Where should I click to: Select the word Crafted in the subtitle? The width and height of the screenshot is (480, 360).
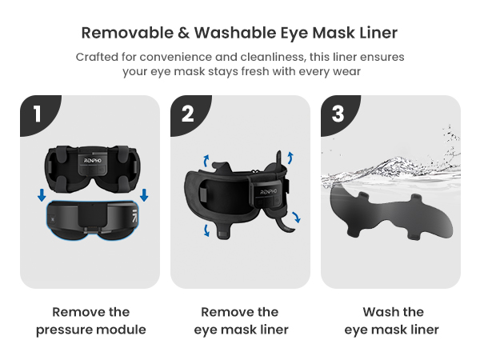tap(98, 57)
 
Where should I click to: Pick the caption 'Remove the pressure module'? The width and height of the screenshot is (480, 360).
tap(90, 321)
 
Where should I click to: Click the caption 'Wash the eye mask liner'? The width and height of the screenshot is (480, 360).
tap(391, 321)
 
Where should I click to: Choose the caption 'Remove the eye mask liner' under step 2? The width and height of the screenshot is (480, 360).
tap(240, 321)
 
